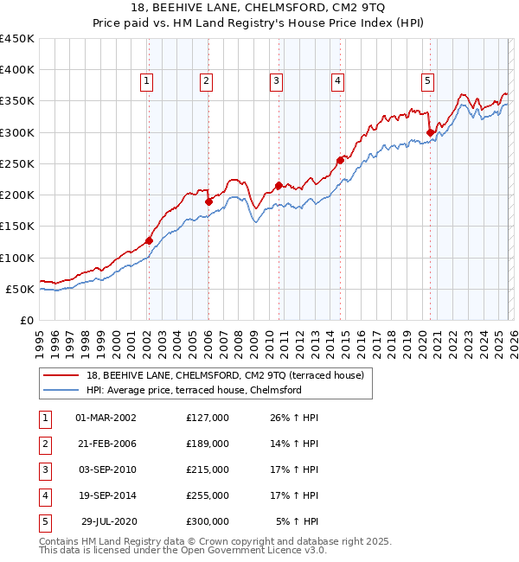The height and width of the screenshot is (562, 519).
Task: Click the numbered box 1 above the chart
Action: [147, 81]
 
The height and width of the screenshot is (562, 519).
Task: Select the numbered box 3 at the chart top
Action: [276, 81]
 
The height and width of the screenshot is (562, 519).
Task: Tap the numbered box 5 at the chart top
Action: [428, 81]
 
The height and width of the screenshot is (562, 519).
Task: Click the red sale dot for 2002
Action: [149, 240]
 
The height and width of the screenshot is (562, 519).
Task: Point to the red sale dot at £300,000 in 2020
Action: [430, 132]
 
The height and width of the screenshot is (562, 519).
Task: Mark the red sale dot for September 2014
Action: [341, 160]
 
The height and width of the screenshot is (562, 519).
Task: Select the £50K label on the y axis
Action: [20, 289]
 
